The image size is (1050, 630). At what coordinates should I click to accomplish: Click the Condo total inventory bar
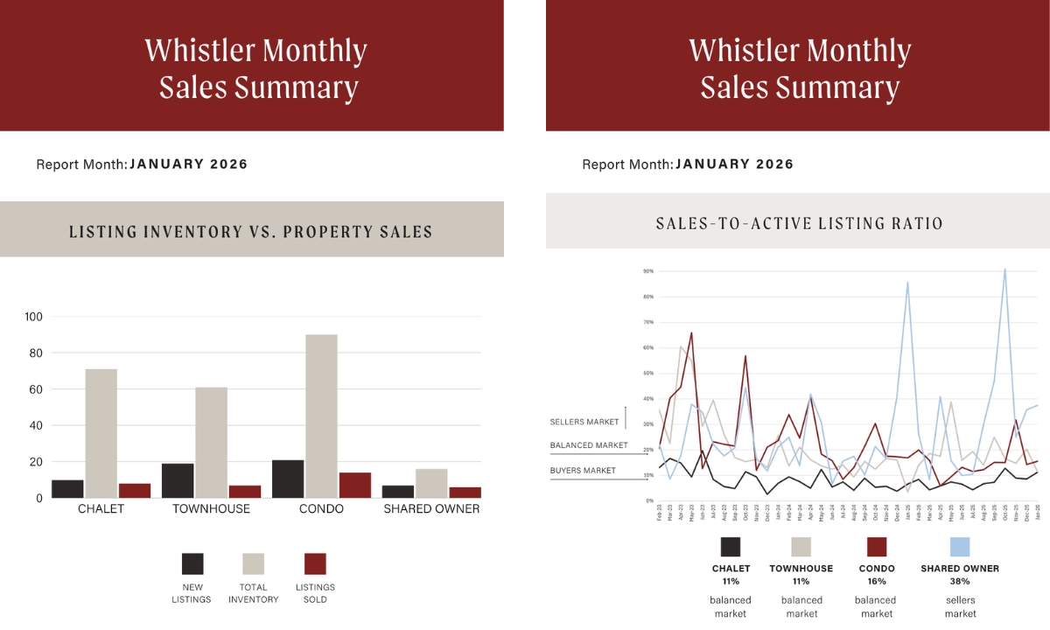[321, 416]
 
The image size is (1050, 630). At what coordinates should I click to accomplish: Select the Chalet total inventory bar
[101, 433]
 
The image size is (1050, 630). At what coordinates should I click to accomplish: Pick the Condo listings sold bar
[354, 485]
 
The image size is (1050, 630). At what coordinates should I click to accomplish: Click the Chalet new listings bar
[67, 488]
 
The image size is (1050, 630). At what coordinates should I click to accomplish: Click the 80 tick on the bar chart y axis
[34, 353]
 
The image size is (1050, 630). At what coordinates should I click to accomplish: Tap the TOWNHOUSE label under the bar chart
[211, 509]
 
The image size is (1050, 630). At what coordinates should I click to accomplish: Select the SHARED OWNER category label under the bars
[431, 509]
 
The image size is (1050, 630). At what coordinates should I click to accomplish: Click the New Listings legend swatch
[192, 563]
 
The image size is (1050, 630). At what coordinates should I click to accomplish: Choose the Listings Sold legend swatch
[315, 563]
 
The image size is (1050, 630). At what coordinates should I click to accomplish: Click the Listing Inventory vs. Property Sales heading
[251, 232]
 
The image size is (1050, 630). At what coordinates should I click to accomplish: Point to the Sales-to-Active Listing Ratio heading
[800, 223]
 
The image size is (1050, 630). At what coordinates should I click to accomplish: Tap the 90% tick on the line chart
[648, 271]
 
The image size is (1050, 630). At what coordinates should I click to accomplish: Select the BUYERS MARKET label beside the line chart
[583, 471]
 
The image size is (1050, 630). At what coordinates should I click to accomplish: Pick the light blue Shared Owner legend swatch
[960, 547]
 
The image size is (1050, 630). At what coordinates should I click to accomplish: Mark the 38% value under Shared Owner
[960, 581]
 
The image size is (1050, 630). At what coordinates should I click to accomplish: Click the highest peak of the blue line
[1004, 269]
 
